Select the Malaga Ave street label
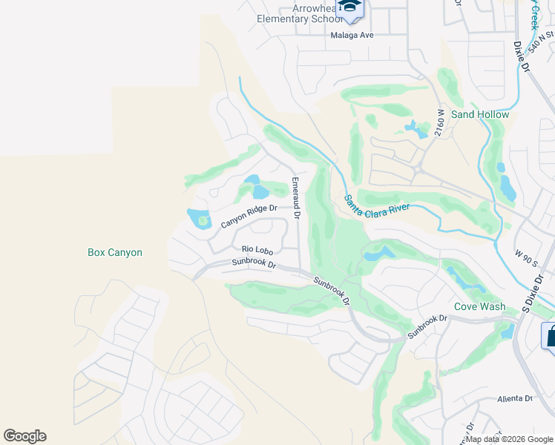tap(352, 35)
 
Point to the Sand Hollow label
tap(480, 114)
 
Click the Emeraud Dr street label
tap(296, 198)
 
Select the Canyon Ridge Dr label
tap(249, 217)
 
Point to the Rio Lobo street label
tap(254, 250)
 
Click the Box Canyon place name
tap(114, 252)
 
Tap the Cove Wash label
tap(479, 306)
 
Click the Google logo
tap(24, 436)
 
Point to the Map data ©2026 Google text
tap(509, 439)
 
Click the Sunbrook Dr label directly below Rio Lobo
tap(253, 263)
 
